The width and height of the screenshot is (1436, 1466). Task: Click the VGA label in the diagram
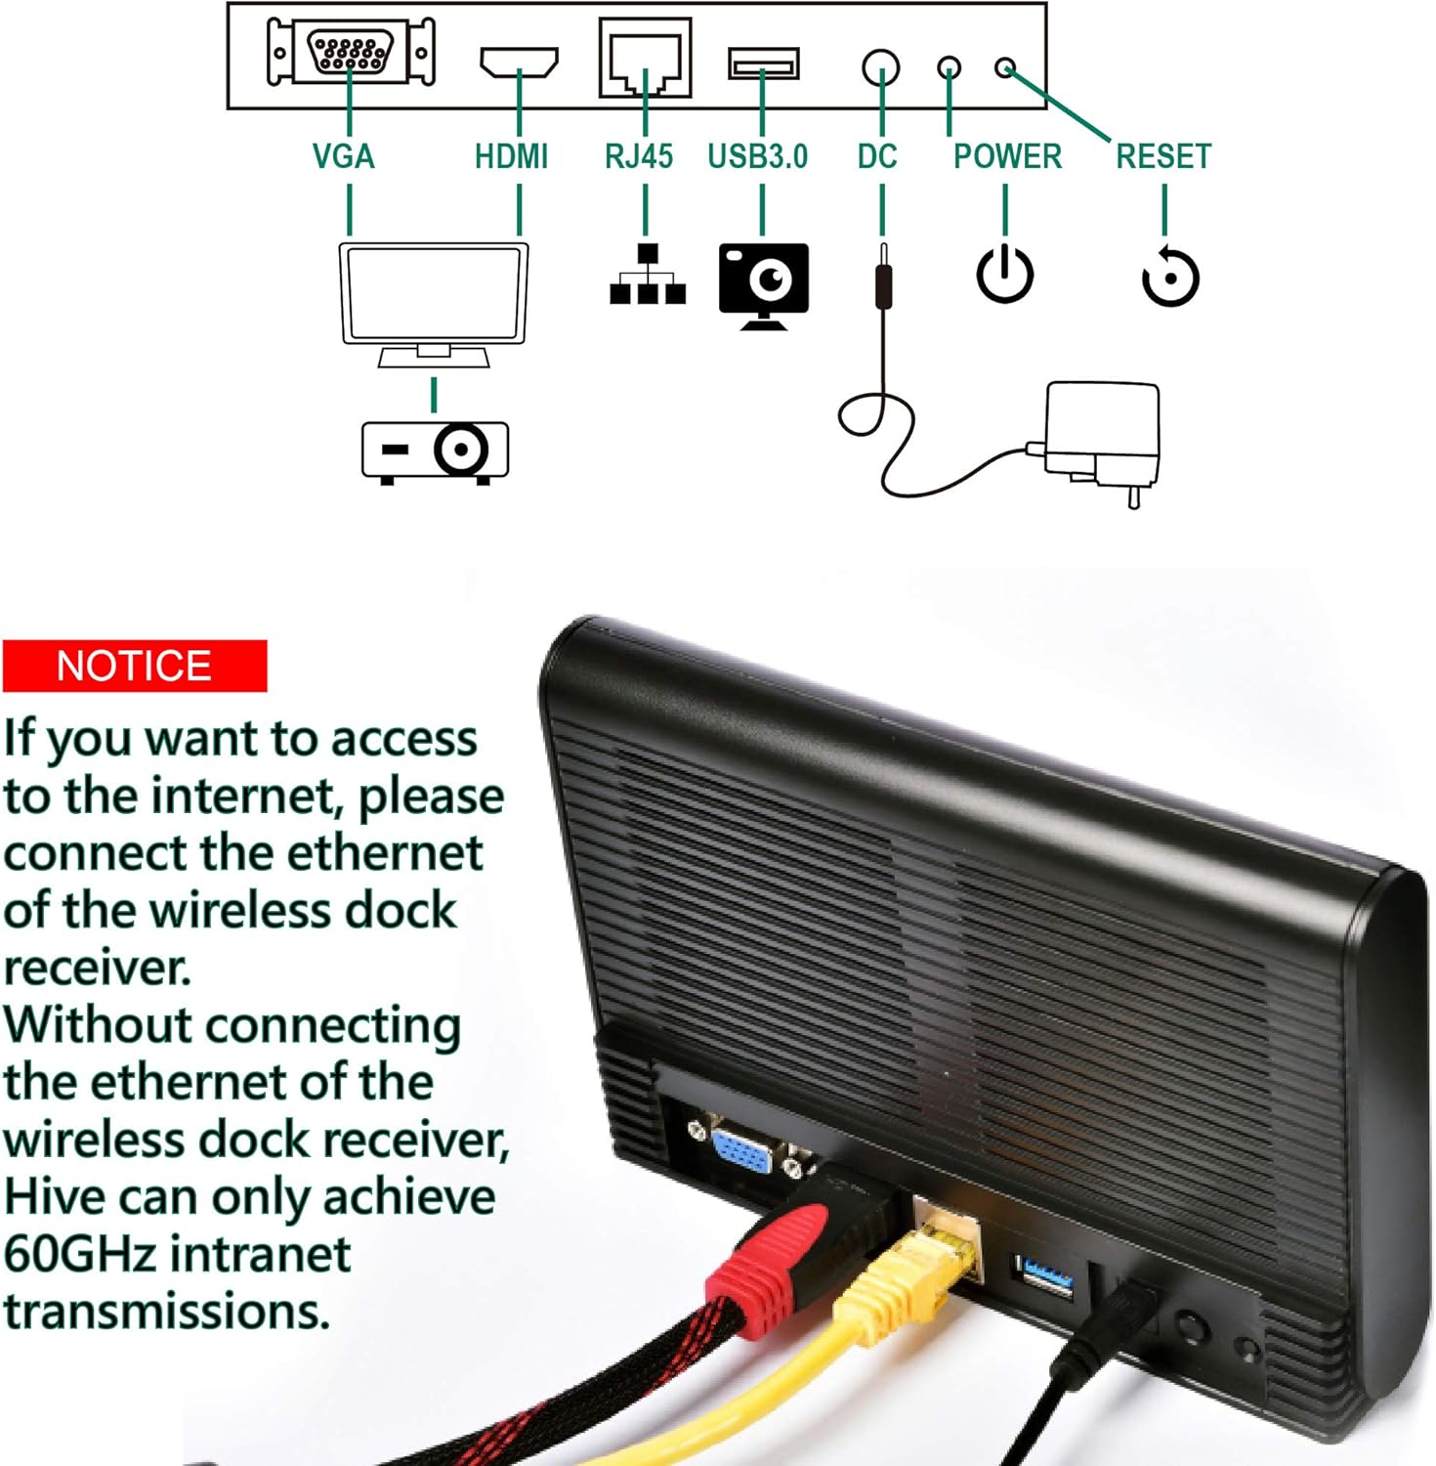(x=343, y=156)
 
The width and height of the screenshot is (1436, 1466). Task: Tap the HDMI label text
(x=511, y=156)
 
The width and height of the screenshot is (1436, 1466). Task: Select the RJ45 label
(x=638, y=156)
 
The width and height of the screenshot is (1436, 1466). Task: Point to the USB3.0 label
(x=757, y=156)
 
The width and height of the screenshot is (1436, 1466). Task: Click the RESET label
(x=1162, y=156)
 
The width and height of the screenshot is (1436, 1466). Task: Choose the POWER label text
(x=1007, y=156)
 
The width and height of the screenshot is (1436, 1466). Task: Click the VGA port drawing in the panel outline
(x=351, y=52)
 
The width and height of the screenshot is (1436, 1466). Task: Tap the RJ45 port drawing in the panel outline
(x=645, y=58)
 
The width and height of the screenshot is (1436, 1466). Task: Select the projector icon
(x=435, y=451)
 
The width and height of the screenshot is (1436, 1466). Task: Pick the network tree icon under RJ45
(x=647, y=276)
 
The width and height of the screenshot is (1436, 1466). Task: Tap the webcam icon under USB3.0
(x=764, y=283)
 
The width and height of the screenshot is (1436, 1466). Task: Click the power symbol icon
(x=1005, y=275)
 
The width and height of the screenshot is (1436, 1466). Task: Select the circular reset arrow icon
(x=1169, y=278)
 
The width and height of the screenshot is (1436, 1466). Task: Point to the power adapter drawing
(x=1102, y=435)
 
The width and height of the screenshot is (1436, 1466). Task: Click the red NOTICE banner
(x=135, y=666)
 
